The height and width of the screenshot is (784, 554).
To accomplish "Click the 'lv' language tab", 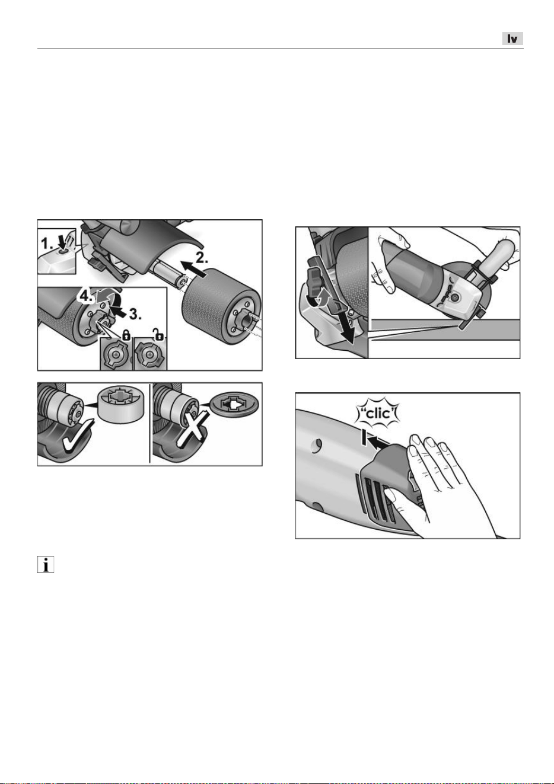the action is pos(512,39).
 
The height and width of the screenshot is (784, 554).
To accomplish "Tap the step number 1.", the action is pos(47,243).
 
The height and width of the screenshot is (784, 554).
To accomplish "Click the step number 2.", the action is pos(202,258).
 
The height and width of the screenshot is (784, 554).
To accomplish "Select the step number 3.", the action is pos(135,313).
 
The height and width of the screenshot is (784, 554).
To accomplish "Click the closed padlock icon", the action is pos(126,336).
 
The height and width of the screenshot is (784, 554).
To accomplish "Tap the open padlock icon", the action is pos(159,335).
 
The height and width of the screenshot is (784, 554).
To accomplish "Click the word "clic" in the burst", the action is pos(378,414).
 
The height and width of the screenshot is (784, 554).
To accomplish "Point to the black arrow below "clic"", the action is pos(380,443).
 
